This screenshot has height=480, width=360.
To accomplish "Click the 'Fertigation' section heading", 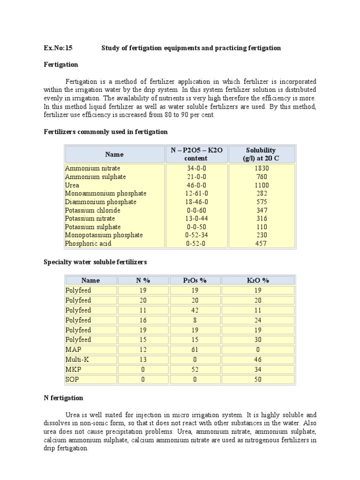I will tap(61, 64).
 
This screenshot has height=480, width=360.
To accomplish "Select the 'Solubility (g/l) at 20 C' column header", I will tap(261, 154).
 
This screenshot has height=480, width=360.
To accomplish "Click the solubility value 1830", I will tap(261, 168).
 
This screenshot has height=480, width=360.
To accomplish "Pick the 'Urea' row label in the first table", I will tap(72, 185).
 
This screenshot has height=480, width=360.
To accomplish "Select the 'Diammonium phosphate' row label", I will tap(101, 202).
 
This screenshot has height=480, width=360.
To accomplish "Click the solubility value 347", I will tap(261, 210).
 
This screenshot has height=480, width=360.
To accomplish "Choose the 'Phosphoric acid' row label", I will tap(89, 244).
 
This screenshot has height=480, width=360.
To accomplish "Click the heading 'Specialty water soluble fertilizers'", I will tap(95, 262).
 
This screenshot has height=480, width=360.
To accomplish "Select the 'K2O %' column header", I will tap(258, 280).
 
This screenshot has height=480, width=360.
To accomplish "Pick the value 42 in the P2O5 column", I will tap(195, 310).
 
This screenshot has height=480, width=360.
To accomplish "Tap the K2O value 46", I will tap(258, 360).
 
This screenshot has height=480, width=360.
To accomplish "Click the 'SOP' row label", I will tap(72, 379).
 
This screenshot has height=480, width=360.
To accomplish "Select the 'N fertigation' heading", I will tap(63, 398).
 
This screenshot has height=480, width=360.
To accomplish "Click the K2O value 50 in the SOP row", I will tap(258, 379).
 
